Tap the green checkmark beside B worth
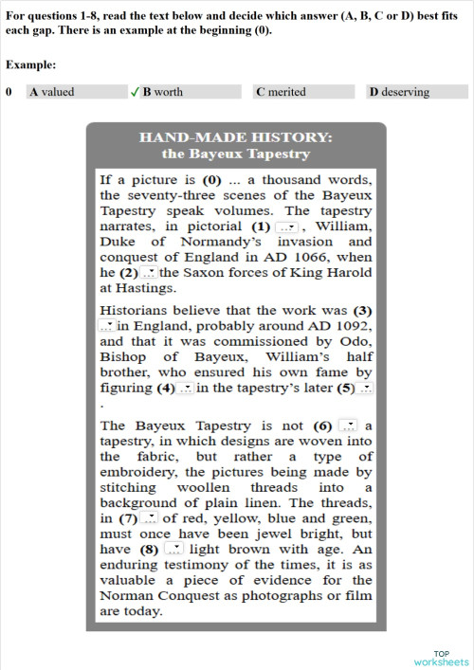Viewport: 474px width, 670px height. click(135, 92)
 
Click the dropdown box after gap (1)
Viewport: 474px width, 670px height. click(286, 227)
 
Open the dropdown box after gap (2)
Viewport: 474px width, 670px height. click(150, 273)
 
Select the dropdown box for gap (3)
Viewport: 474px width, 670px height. click(106, 326)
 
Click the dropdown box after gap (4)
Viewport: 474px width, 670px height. click(187, 388)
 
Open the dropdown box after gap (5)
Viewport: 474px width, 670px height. click(367, 388)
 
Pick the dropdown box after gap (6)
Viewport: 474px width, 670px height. click(348, 426)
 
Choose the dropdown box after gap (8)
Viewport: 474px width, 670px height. click(173, 549)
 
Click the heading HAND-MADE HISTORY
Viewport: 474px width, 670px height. click(236, 137)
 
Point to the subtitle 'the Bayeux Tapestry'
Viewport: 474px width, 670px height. click(236, 154)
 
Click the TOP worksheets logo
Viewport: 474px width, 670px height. click(441, 657)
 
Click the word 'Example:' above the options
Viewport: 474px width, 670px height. click(30, 64)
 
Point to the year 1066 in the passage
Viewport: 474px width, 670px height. click(301, 258)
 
